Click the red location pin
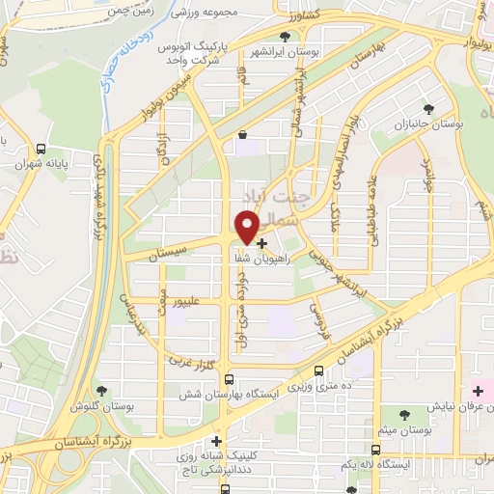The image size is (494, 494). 245,226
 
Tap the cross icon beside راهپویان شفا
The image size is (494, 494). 261,244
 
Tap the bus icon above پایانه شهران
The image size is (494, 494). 41,150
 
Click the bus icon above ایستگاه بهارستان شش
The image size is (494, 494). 229,380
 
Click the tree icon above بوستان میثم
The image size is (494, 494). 401,412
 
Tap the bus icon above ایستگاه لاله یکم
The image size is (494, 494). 375,450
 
